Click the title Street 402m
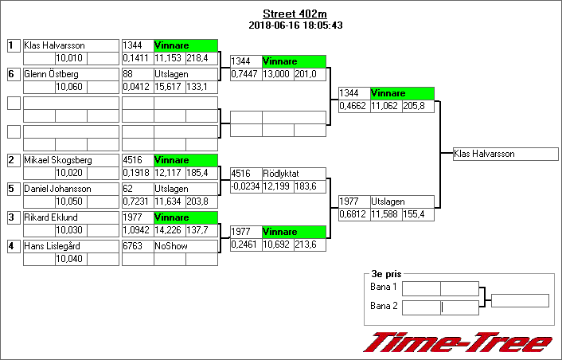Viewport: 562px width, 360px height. coord(295,14)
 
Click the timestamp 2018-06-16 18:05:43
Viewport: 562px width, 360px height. coord(295,25)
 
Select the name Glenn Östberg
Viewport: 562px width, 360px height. coord(51,74)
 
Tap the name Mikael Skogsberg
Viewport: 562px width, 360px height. coord(58,160)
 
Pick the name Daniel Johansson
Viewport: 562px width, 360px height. coord(57,189)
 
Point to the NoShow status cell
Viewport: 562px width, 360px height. coord(185,246)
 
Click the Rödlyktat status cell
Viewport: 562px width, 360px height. coord(293,173)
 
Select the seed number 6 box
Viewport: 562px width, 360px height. coord(13,74)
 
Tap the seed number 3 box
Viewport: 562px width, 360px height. coord(13,217)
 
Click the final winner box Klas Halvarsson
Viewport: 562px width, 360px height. coord(505,154)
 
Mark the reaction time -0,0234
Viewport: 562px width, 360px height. coord(245,186)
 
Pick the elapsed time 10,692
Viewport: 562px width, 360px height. coord(277,245)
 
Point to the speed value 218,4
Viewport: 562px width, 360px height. coord(201,58)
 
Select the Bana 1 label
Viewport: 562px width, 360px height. coord(384,288)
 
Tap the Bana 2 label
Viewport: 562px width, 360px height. coord(384,307)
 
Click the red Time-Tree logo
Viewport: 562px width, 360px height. coord(459,342)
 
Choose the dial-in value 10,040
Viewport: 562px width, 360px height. coord(70,259)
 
